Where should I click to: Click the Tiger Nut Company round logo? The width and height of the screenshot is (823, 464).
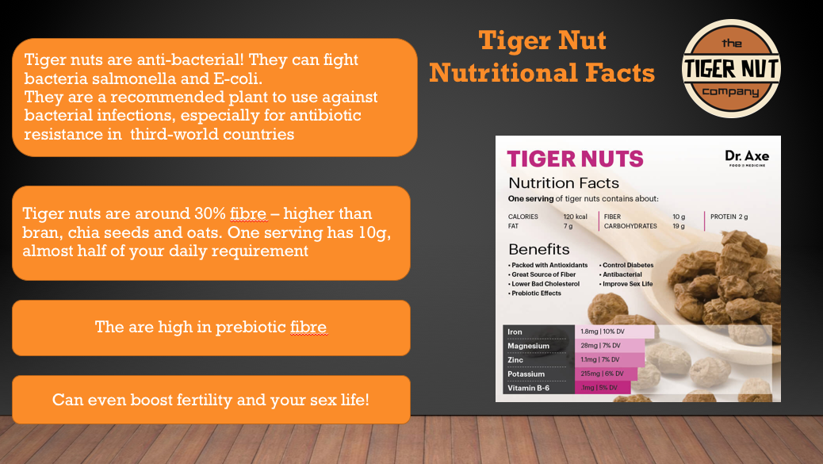tap(731, 69)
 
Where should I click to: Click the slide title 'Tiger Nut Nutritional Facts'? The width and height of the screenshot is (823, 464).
tap(542, 56)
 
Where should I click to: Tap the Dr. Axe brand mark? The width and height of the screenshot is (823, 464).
tap(746, 157)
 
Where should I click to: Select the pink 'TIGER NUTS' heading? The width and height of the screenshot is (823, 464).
tap(575, 159)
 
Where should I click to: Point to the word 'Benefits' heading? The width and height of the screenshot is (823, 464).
tap(538, 249)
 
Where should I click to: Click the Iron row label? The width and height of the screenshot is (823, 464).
tap(515, 332)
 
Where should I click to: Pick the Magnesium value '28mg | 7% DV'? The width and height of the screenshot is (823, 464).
tap(600, 346)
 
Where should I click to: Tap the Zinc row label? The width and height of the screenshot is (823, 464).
tap(515, 360)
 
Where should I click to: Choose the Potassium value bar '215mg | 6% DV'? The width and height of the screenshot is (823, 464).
tap(603, 374)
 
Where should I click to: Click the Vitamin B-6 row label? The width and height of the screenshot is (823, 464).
tap(529, 388)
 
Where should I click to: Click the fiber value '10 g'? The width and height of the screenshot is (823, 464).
tap(679, 217)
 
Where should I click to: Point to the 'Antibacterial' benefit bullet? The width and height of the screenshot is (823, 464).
tap(623, 274)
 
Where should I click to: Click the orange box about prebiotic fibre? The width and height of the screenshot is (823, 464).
tap(211, 328)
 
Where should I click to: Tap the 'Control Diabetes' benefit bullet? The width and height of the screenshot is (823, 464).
tap(627, 265)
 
